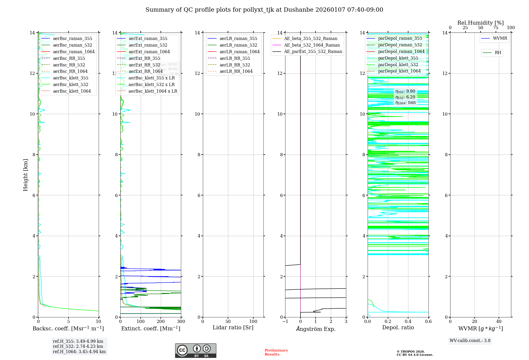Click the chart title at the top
click(264, 10)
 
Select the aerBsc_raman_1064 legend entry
click(74, 52)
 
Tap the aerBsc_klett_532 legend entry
click(70, 84)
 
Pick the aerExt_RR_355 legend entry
click(144, 58)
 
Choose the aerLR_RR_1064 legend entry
click(236, 71)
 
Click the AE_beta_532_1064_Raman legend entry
click(312, 45)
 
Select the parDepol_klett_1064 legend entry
click(399, 71)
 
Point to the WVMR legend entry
click(500, 38)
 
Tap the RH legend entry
click(498, 53)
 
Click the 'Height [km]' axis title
click(25, 175)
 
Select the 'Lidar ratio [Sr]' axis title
click(233, 327)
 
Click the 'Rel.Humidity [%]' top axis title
click(480, 23)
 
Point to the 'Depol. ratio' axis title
click(398, 327)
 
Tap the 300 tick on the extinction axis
click(181, 322)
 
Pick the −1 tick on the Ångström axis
click(285, 322)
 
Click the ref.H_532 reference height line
click(78, 346)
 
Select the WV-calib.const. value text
click(470, 341)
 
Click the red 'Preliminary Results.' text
click(276, 352)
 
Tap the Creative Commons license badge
click(195, 351)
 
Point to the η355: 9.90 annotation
click(405, 91)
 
